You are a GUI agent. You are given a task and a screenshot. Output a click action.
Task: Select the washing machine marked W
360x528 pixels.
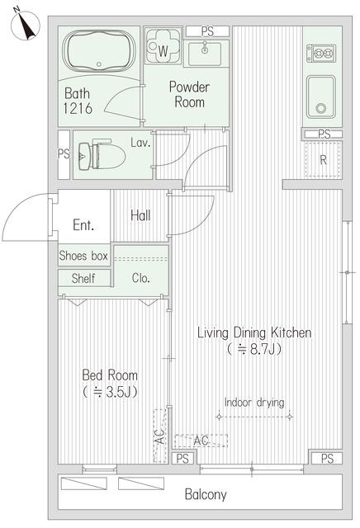[162, 46]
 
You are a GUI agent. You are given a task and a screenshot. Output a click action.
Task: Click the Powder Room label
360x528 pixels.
[189, 94]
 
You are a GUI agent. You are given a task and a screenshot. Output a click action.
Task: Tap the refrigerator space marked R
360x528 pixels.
[323, 161]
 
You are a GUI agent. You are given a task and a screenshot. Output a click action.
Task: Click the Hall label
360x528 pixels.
[140, 215]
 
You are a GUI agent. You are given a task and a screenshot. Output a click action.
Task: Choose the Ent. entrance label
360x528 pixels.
[83, 224]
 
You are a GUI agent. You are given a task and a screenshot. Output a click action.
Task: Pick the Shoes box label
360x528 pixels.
[83, 256]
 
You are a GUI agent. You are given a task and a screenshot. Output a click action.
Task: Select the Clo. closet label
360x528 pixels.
[140, 279]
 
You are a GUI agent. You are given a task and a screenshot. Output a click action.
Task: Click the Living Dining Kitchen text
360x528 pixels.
[253, 332]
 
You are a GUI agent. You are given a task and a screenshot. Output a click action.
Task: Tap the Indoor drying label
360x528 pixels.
[254, 403]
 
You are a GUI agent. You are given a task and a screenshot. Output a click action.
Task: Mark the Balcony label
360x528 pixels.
[205, 495]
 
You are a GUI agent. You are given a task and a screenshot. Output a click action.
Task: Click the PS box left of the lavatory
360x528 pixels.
[64, 153]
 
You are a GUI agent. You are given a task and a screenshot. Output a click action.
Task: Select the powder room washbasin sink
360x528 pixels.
[203, 54]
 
